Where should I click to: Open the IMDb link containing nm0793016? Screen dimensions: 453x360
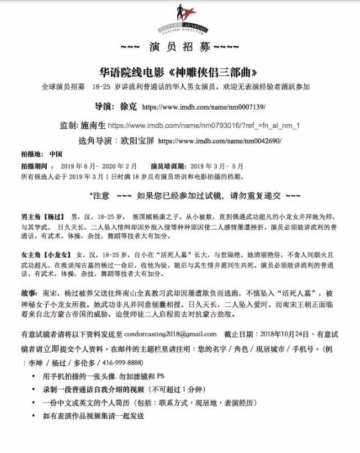coord(204,125)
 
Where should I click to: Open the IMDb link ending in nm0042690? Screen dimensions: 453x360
coord(220,141)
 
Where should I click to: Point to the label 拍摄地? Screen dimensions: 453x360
coord(32,154)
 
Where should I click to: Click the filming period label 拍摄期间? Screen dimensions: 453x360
coord(34,167)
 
